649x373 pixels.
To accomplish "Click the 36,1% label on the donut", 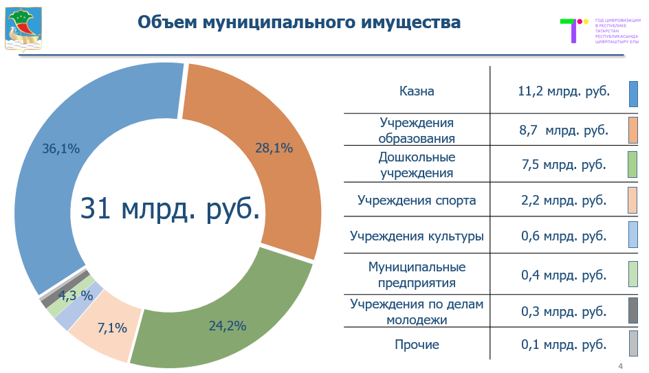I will click(x=61, y=148).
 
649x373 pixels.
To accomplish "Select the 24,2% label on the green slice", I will click(x=228, y=326).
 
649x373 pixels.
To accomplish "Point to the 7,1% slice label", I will click(x=112, y=328).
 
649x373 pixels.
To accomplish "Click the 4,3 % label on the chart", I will click(x=76, y=296).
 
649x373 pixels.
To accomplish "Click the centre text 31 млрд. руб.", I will click(x=170, y=209).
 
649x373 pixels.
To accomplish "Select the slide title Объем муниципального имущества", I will click(x=299, y=22).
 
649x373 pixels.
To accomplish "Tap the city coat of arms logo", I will click(x=23, y=29).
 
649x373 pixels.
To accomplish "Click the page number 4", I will click(x=621, y=365).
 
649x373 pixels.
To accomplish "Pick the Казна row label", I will click(x=417, y=91).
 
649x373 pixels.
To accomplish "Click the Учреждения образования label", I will click(x=417, y=131).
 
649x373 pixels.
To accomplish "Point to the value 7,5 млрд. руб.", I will click(x=564, y=165).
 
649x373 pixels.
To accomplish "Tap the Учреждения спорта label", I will click(x=417, y=201).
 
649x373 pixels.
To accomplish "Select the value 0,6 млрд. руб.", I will click(x=564, y=236).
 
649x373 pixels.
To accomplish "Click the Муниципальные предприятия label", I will click(x=417, y=274).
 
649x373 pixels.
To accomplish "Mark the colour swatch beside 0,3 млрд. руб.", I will click(x=633, y=310).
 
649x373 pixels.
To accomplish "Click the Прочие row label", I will click(x=417, y=345).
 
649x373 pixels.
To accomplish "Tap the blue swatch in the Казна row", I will click(x=633, y=94).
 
